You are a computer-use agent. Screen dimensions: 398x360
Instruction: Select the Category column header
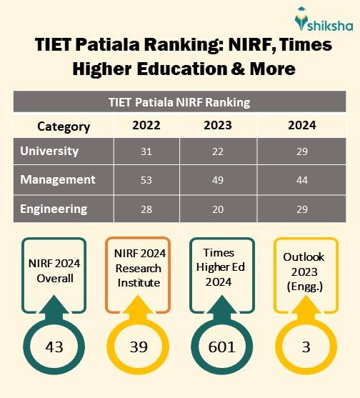pyautogui.click(x=64, y=126)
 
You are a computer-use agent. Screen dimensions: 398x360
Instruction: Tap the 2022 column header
pyautogui.click(x=146, y=126)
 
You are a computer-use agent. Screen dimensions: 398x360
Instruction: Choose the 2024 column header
pyautogui.click(x=303, y=126)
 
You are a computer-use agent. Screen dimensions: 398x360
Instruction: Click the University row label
pyautogui.click(x=49, y=151)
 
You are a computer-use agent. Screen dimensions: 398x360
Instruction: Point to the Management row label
pyautogui.click(x=58, y=180)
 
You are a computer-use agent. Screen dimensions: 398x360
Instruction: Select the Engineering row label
pyautogui.click(x=54, y=209)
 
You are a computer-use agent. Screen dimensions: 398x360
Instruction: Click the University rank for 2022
pyautogui.click(x=146, y=152)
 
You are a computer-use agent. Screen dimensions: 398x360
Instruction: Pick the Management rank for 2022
pyautogui.click(x=146, y=181)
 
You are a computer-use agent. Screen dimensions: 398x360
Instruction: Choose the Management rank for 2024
pyautogui.click(x=303, y=181)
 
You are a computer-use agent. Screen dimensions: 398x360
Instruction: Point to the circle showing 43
pyautogui.click(x=54, y=348)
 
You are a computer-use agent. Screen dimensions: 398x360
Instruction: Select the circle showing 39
pyautogui.click(x=138, y=348)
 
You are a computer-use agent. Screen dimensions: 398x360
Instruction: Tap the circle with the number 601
pyautogui.click(x=221, y=348)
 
